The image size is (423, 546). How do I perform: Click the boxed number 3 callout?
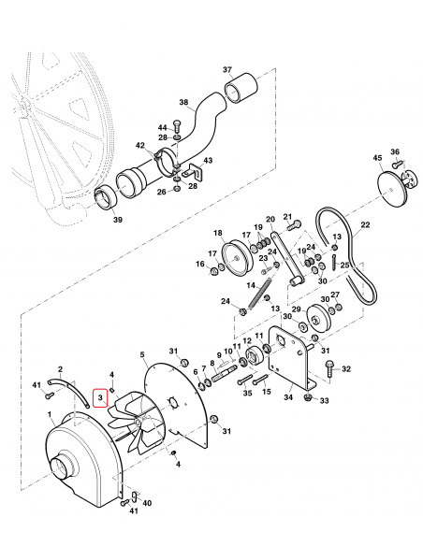tap(100, 399)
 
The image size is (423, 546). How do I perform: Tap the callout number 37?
tap(226, 70)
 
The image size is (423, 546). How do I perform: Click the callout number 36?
tap(395, 152)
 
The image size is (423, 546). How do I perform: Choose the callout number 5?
tap(142, 355)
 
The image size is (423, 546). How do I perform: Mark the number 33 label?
tap(324, 401)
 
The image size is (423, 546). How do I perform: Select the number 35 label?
tap(247, 394)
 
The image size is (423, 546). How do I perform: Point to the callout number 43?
tap(208, 161)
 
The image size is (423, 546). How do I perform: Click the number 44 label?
tap(162, 126)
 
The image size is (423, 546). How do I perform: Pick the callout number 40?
tap(148, 504)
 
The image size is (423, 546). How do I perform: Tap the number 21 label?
tap(288, 215)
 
